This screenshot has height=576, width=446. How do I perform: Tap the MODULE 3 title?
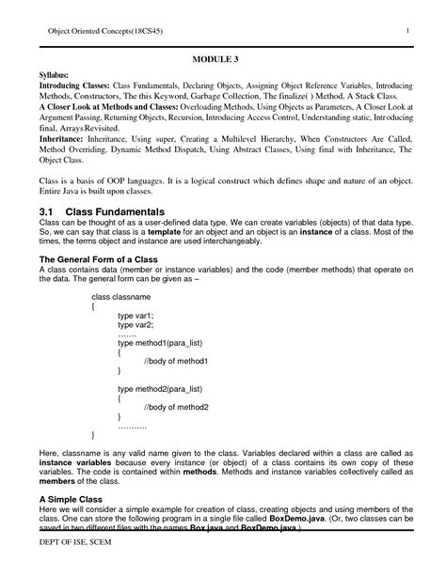(223, 58)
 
